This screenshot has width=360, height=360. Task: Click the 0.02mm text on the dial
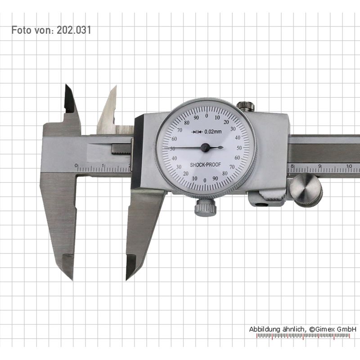click(x=213, y=131)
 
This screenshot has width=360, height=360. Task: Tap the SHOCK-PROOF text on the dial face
click(x=205, y=165)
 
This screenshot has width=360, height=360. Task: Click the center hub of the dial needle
click(x=205, y=148)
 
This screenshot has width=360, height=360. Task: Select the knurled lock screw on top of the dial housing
click(x=245, y=106)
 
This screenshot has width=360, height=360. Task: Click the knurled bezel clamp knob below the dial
click(x=206, y=207)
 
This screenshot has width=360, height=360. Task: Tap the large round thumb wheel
click(x=306, y=190)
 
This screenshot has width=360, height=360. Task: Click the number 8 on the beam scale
click(x=292, y=166)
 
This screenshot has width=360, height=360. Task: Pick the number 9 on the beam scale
click(x=319, y=166)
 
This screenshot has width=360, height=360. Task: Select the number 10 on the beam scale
click(x=349, y=166)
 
